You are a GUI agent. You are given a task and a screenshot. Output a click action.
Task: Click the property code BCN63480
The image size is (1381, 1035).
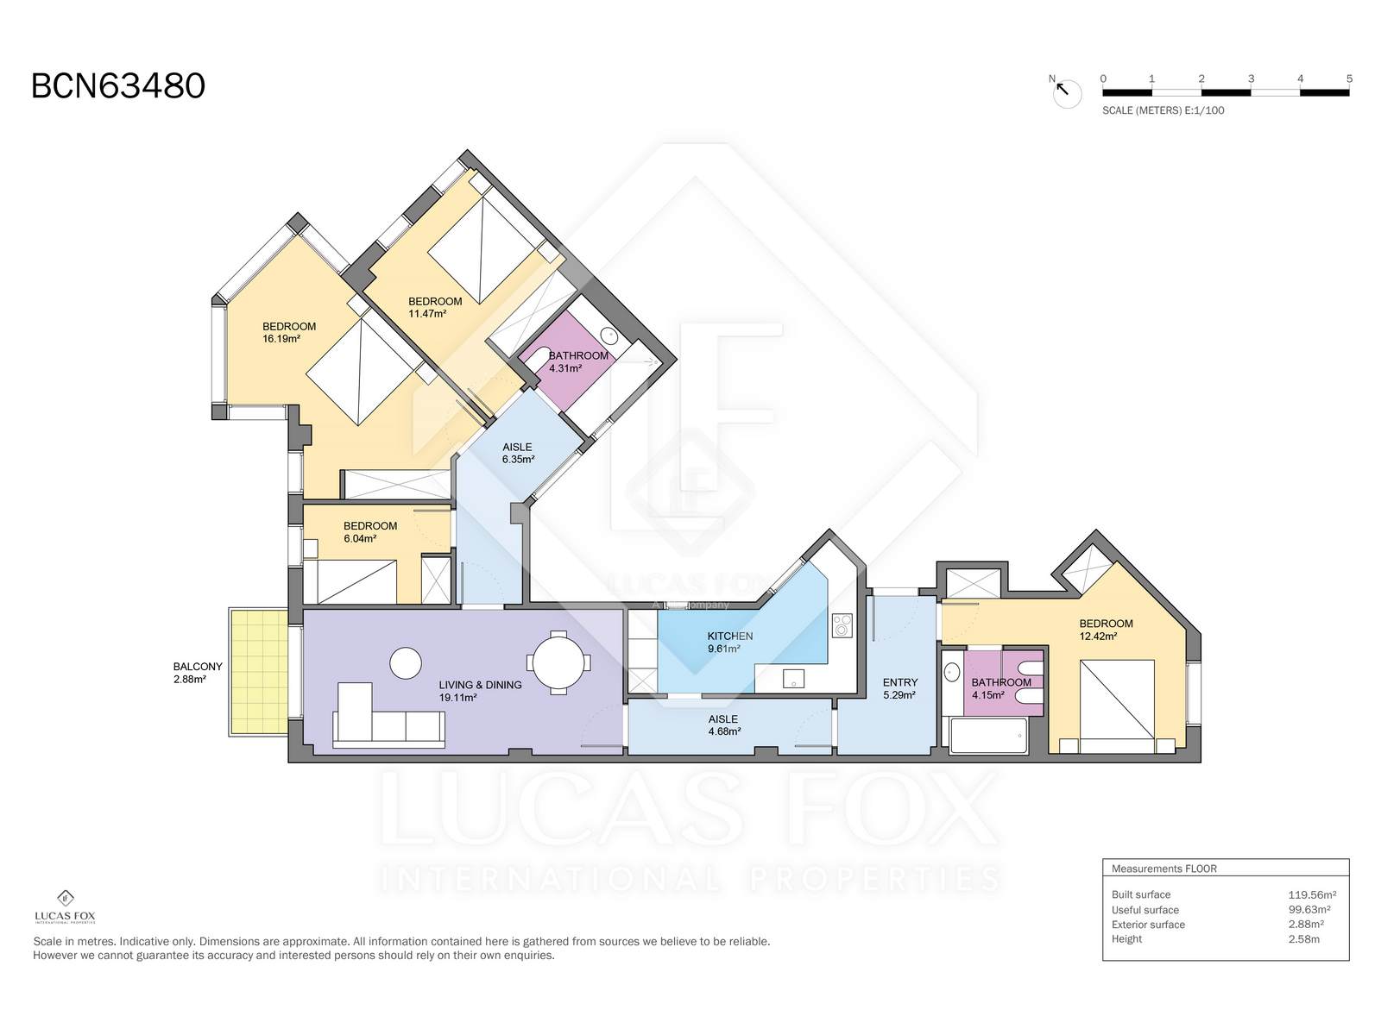click(x=117, y=86)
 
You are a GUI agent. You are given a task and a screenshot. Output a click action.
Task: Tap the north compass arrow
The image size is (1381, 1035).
click(x=1062, y=89)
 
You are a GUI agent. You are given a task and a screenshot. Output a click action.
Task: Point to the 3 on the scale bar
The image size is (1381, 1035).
click(x=1251, y=78)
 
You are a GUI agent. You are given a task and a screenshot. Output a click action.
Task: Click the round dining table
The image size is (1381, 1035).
click(x=558, y=662)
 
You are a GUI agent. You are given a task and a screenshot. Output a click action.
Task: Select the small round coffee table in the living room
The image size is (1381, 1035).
click(x=406, y=663)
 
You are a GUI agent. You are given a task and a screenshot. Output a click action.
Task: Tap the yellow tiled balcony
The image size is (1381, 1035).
click(x=259, y=671)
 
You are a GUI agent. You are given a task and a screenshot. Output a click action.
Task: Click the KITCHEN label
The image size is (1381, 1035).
click(x=730, y=636)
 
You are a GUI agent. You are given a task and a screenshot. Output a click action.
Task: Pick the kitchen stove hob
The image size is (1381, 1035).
click(x=842, y=625)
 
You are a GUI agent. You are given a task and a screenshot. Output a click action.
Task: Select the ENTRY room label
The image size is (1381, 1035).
click(x=899, y=682)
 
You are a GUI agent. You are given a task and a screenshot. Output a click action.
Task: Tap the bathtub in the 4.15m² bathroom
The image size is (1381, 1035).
click(x=988, y=735)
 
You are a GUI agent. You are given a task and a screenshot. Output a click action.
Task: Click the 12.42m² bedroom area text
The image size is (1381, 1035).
click(x=1098, y=636)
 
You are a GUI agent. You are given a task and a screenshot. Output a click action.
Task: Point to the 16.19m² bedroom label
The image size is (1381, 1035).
click(x=289, y=332)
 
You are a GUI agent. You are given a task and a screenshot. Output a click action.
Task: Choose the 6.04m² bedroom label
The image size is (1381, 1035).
click(x=370, y=531)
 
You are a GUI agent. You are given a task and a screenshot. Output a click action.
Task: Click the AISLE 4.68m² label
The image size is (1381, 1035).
click(x=724, y=724)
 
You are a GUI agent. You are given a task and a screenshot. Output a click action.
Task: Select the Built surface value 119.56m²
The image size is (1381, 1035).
click(x=1312, y=894)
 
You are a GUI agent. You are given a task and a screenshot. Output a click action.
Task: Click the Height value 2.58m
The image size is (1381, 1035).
click(x=1303, y=939)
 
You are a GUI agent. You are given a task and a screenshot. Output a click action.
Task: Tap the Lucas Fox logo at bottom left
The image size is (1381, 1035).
click(x=66, y=906)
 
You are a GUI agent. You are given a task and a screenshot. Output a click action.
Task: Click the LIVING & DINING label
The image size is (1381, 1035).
click(x=480, y=685)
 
